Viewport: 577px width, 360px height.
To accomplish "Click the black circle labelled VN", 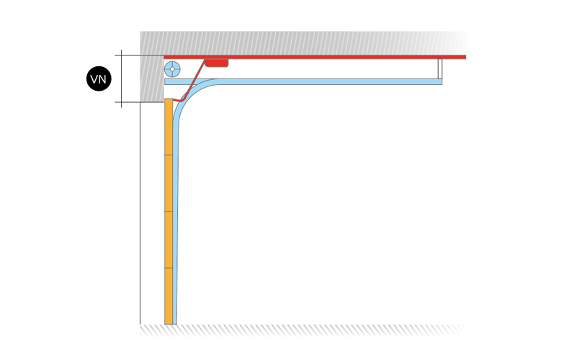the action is point(99,78).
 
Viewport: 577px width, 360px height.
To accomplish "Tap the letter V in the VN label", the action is point(94,79).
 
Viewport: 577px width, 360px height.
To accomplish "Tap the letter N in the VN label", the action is point(103,79).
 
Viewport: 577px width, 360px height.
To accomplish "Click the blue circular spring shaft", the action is point(172,69).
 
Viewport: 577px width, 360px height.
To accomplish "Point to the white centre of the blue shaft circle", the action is point(172,69).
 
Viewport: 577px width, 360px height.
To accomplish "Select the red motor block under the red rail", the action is point(216,63).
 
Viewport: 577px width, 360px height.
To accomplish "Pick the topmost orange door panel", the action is point(169,127).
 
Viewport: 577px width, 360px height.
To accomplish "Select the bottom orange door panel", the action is point(169,296).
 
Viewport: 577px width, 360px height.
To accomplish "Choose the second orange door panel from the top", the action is point(169,183).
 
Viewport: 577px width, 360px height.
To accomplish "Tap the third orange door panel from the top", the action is point(169,240).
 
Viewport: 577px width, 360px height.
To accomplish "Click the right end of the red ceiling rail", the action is point(465,57).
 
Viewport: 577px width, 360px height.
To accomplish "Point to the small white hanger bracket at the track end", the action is point(440,69).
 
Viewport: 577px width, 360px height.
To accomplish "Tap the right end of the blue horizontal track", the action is point(441,81).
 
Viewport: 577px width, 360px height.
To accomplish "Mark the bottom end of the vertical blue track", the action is point(175,323).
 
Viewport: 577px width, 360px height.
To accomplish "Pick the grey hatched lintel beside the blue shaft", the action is point(152,78).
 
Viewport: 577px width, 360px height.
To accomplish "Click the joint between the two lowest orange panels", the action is point(169,268).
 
